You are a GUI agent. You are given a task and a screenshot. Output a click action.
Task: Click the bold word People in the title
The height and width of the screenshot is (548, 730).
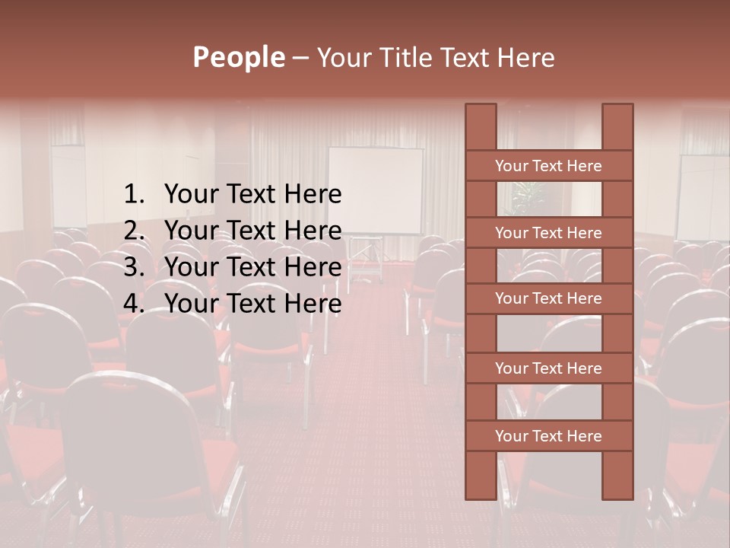click(x=238, y=57)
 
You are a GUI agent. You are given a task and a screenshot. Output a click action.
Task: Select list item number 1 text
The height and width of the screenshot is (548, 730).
click(x=252, y=195)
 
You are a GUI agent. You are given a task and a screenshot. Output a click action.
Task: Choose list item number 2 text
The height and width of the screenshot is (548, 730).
click(x=252, y=231)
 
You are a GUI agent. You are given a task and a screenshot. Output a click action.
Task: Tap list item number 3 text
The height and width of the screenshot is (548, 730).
click(x=252, y=267)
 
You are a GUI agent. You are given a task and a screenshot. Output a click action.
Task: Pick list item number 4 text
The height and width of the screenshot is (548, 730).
click(x=252, y=304)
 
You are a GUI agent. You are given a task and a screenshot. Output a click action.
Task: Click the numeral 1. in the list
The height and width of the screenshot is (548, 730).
click(x=134, y=195)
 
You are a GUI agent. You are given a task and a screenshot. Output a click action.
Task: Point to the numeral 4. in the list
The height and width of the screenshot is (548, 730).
click(x=134, y=304)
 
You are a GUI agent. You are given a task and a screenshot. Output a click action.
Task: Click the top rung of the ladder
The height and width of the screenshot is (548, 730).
click(x=548, y=166)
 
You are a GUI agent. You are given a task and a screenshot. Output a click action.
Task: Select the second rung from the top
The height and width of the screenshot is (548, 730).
click(x=548, y=233)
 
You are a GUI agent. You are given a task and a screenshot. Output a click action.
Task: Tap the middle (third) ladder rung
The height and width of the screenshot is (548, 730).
click(x=548, y=298)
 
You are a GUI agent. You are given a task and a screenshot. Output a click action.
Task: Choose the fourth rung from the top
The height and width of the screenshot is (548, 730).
click(x=548, y=368)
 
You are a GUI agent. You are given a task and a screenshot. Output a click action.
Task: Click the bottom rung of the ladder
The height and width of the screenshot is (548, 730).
click(x=548, y=436)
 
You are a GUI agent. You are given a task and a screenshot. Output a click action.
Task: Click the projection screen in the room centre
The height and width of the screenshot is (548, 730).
click(x=376, y=190)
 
